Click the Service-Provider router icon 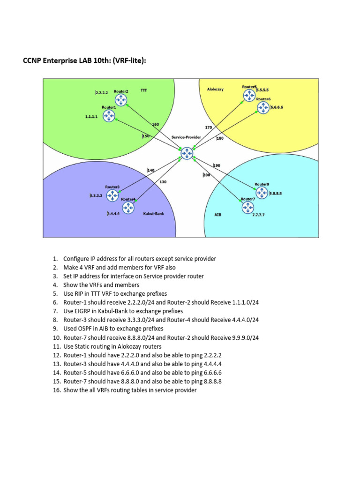pos(187,153)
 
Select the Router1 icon pos(109,116)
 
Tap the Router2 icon pos(121,100)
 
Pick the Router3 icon pos(112,195)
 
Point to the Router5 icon pos(249,96)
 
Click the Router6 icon pos(262,107)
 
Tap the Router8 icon pos(262,193)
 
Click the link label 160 pos(156,124)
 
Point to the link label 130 pos(163,182)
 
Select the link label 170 pos(209,127)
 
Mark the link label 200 pos(207,175)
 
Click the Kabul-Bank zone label pos(154,214)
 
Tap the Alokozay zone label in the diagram pos(215,89)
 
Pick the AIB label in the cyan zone pos(218,214)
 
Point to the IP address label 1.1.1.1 pos(91,117)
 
